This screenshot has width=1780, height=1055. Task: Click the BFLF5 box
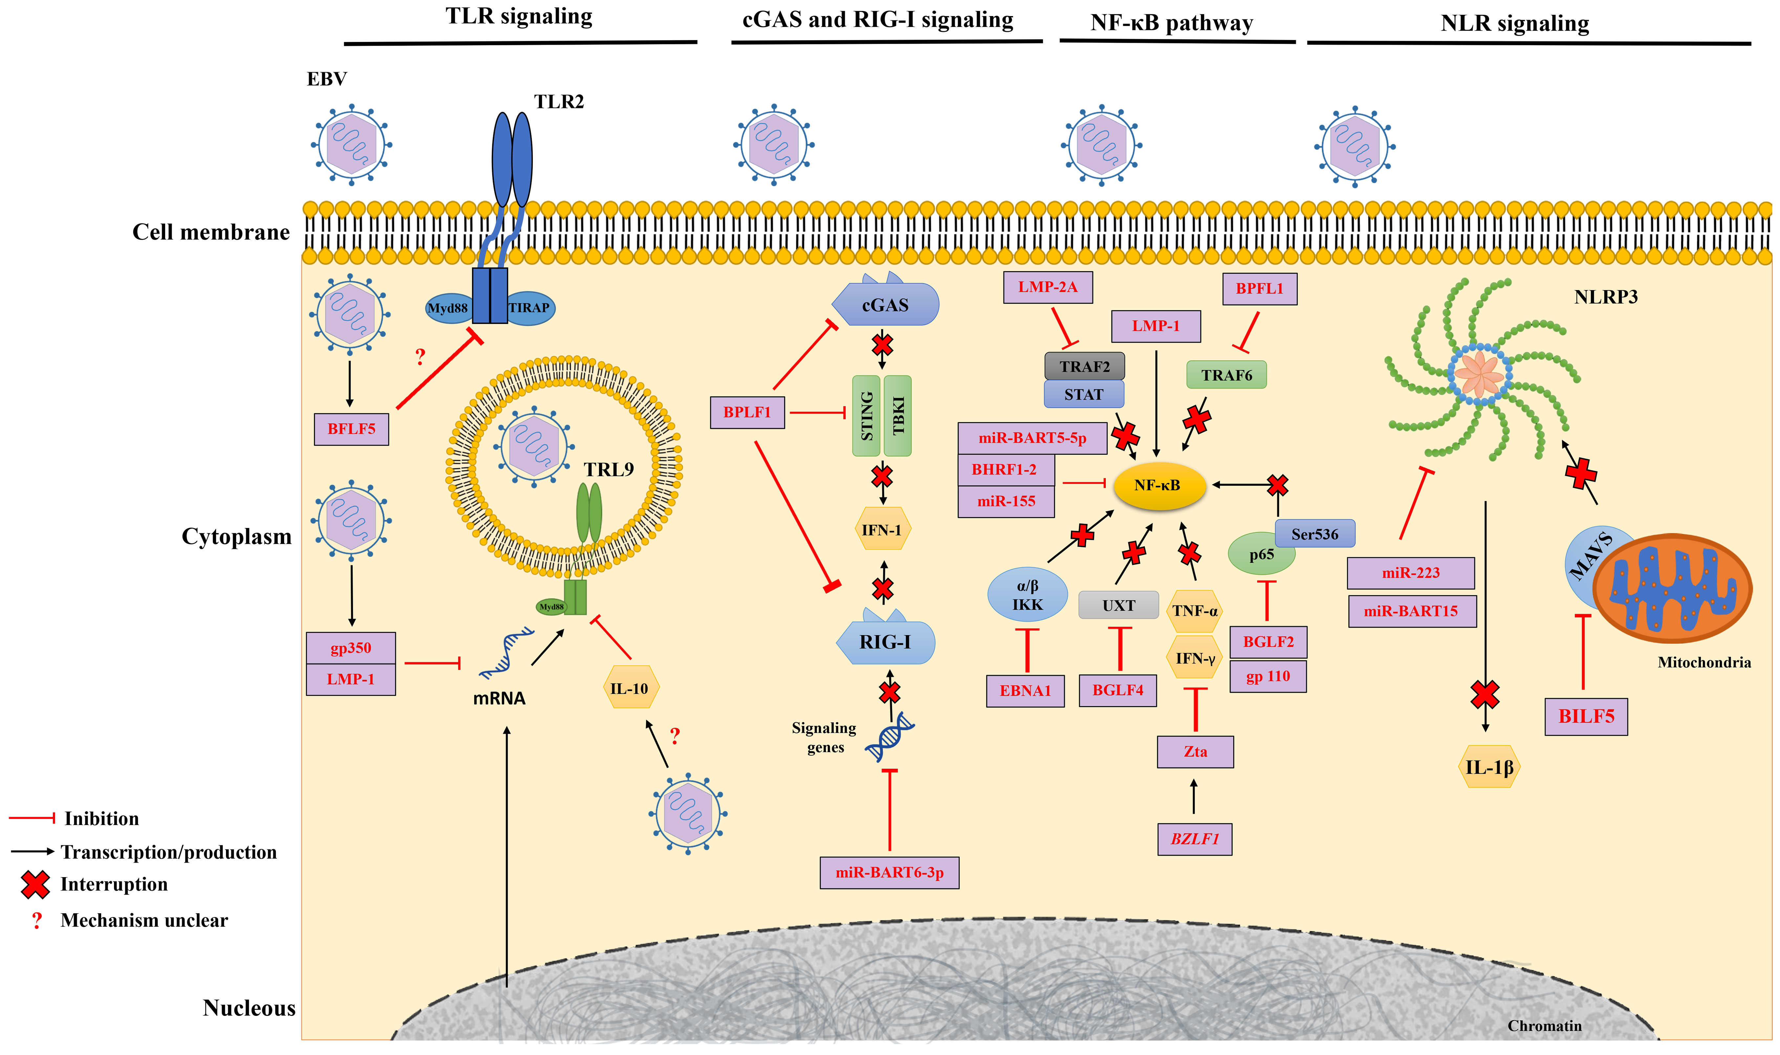coord(351,430)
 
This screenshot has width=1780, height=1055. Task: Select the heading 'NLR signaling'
coord(1515,23)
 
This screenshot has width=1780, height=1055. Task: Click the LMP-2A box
coord(1047,287)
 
